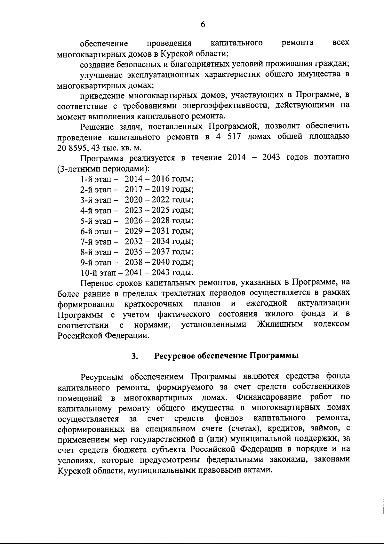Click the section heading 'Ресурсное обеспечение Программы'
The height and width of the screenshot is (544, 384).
tap(227, 356)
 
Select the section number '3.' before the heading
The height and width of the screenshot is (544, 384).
tap(135, 356)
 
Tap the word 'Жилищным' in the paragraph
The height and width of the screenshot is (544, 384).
tap(280, 324)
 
